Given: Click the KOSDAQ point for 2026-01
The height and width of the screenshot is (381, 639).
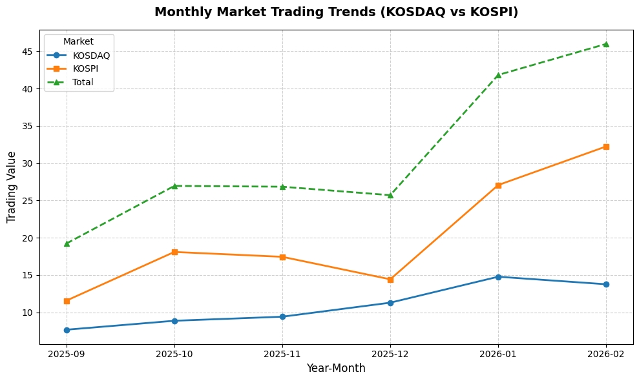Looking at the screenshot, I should [498, 277].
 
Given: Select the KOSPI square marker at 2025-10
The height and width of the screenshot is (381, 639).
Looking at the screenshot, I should [174, 252].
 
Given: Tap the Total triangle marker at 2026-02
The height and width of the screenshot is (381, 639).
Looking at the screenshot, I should [606, 44].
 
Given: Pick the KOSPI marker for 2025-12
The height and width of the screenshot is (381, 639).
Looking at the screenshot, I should [390, 280].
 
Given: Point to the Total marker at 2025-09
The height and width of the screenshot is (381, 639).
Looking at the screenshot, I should [67, 243].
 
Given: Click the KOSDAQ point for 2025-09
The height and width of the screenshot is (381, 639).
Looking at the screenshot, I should [67, 330].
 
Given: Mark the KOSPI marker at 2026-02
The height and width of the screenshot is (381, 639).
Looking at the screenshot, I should [606, 147].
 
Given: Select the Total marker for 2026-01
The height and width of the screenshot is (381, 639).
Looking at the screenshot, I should [498, 75].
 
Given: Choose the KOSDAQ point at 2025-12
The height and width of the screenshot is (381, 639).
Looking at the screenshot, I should [390, 303].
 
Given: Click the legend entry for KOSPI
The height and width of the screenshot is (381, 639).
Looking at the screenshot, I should [85, 68].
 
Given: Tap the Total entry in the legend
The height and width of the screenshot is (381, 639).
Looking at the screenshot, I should [83, 82].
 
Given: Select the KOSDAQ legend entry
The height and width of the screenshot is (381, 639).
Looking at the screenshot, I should [91, 56].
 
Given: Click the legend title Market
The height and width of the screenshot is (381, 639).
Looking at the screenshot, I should [78, 42].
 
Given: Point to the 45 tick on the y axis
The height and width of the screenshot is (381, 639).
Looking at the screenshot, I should [28, 52].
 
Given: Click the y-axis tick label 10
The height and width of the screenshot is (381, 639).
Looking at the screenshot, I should [28, 313].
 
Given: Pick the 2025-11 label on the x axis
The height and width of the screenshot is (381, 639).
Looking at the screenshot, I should [282, 355].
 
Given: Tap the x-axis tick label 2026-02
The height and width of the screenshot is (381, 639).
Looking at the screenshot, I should [606, 355].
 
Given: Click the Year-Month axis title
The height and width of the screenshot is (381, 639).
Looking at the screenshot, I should [336, 369].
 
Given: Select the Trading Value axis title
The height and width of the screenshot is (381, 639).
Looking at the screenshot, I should [12, 187].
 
